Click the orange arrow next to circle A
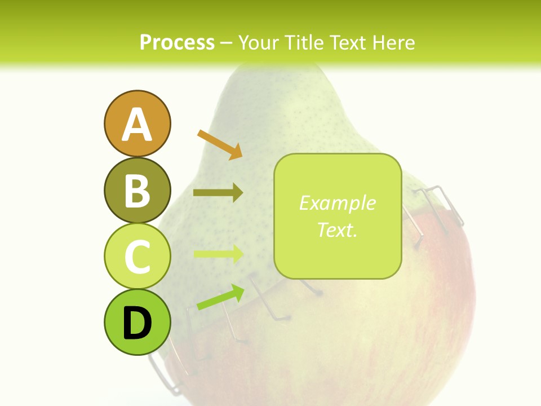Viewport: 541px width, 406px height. [x=220, y=144]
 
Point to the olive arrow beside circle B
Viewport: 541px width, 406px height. [x=218, y=193]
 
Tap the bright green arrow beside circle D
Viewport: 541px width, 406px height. [x=220, y=297]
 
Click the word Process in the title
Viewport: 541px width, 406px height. [x=177, y=43]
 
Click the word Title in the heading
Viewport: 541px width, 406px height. [x=303, y=43]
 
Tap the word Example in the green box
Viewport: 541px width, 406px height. [x=337, y=203]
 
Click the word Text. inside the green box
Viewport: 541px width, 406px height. [x=337, y=230]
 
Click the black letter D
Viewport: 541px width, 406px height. [x=137, y=323]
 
